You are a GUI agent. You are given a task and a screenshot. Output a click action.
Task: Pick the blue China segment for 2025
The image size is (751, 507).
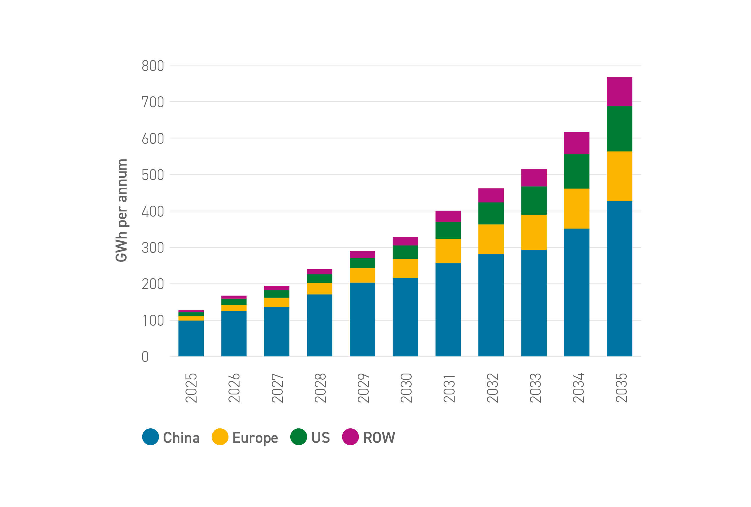pos(191,338)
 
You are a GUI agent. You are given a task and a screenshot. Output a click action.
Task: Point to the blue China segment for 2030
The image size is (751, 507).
pos(405,317)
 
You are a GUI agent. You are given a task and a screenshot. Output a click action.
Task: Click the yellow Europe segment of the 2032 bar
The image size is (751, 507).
pos(491,239)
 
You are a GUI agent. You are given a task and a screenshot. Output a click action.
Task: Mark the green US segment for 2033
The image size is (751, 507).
pos(534,200)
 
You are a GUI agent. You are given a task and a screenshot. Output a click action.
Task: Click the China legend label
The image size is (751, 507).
pos(181,438)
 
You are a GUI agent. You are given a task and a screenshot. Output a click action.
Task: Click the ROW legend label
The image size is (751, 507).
pos(379,438)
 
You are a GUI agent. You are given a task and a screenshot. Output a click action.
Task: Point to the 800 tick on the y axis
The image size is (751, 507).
pos(153,66)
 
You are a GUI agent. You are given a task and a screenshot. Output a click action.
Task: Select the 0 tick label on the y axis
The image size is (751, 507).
pos(145,357)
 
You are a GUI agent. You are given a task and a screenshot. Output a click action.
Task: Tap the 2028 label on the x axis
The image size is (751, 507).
pos(320,388)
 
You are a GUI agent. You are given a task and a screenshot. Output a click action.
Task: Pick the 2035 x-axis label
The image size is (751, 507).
pos(621,388)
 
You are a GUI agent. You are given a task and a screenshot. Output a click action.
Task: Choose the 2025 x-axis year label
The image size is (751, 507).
pos(191,388)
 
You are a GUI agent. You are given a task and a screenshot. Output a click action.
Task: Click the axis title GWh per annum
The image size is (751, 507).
pos(122,210)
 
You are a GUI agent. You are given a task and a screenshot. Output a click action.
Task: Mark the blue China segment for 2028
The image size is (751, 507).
pos(319,325)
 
